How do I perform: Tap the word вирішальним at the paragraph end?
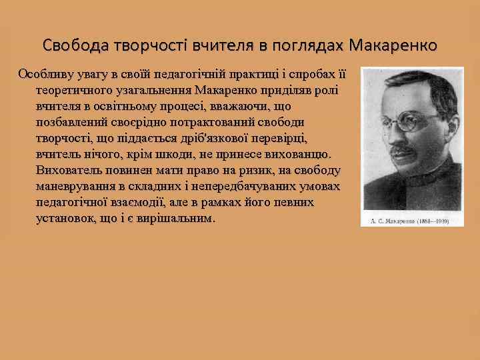coord(180,218)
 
